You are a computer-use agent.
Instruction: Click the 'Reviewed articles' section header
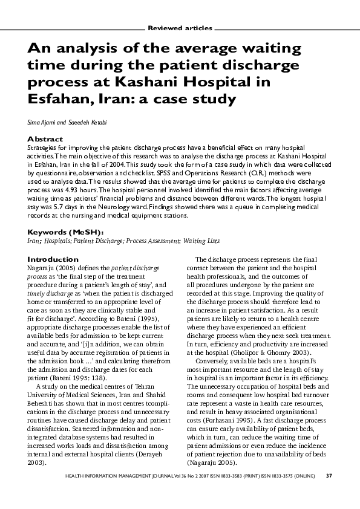(x=180, y=28)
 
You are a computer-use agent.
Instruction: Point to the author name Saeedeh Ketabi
(x=88, y=123)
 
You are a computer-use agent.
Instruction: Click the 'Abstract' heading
(x=45, y=139)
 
